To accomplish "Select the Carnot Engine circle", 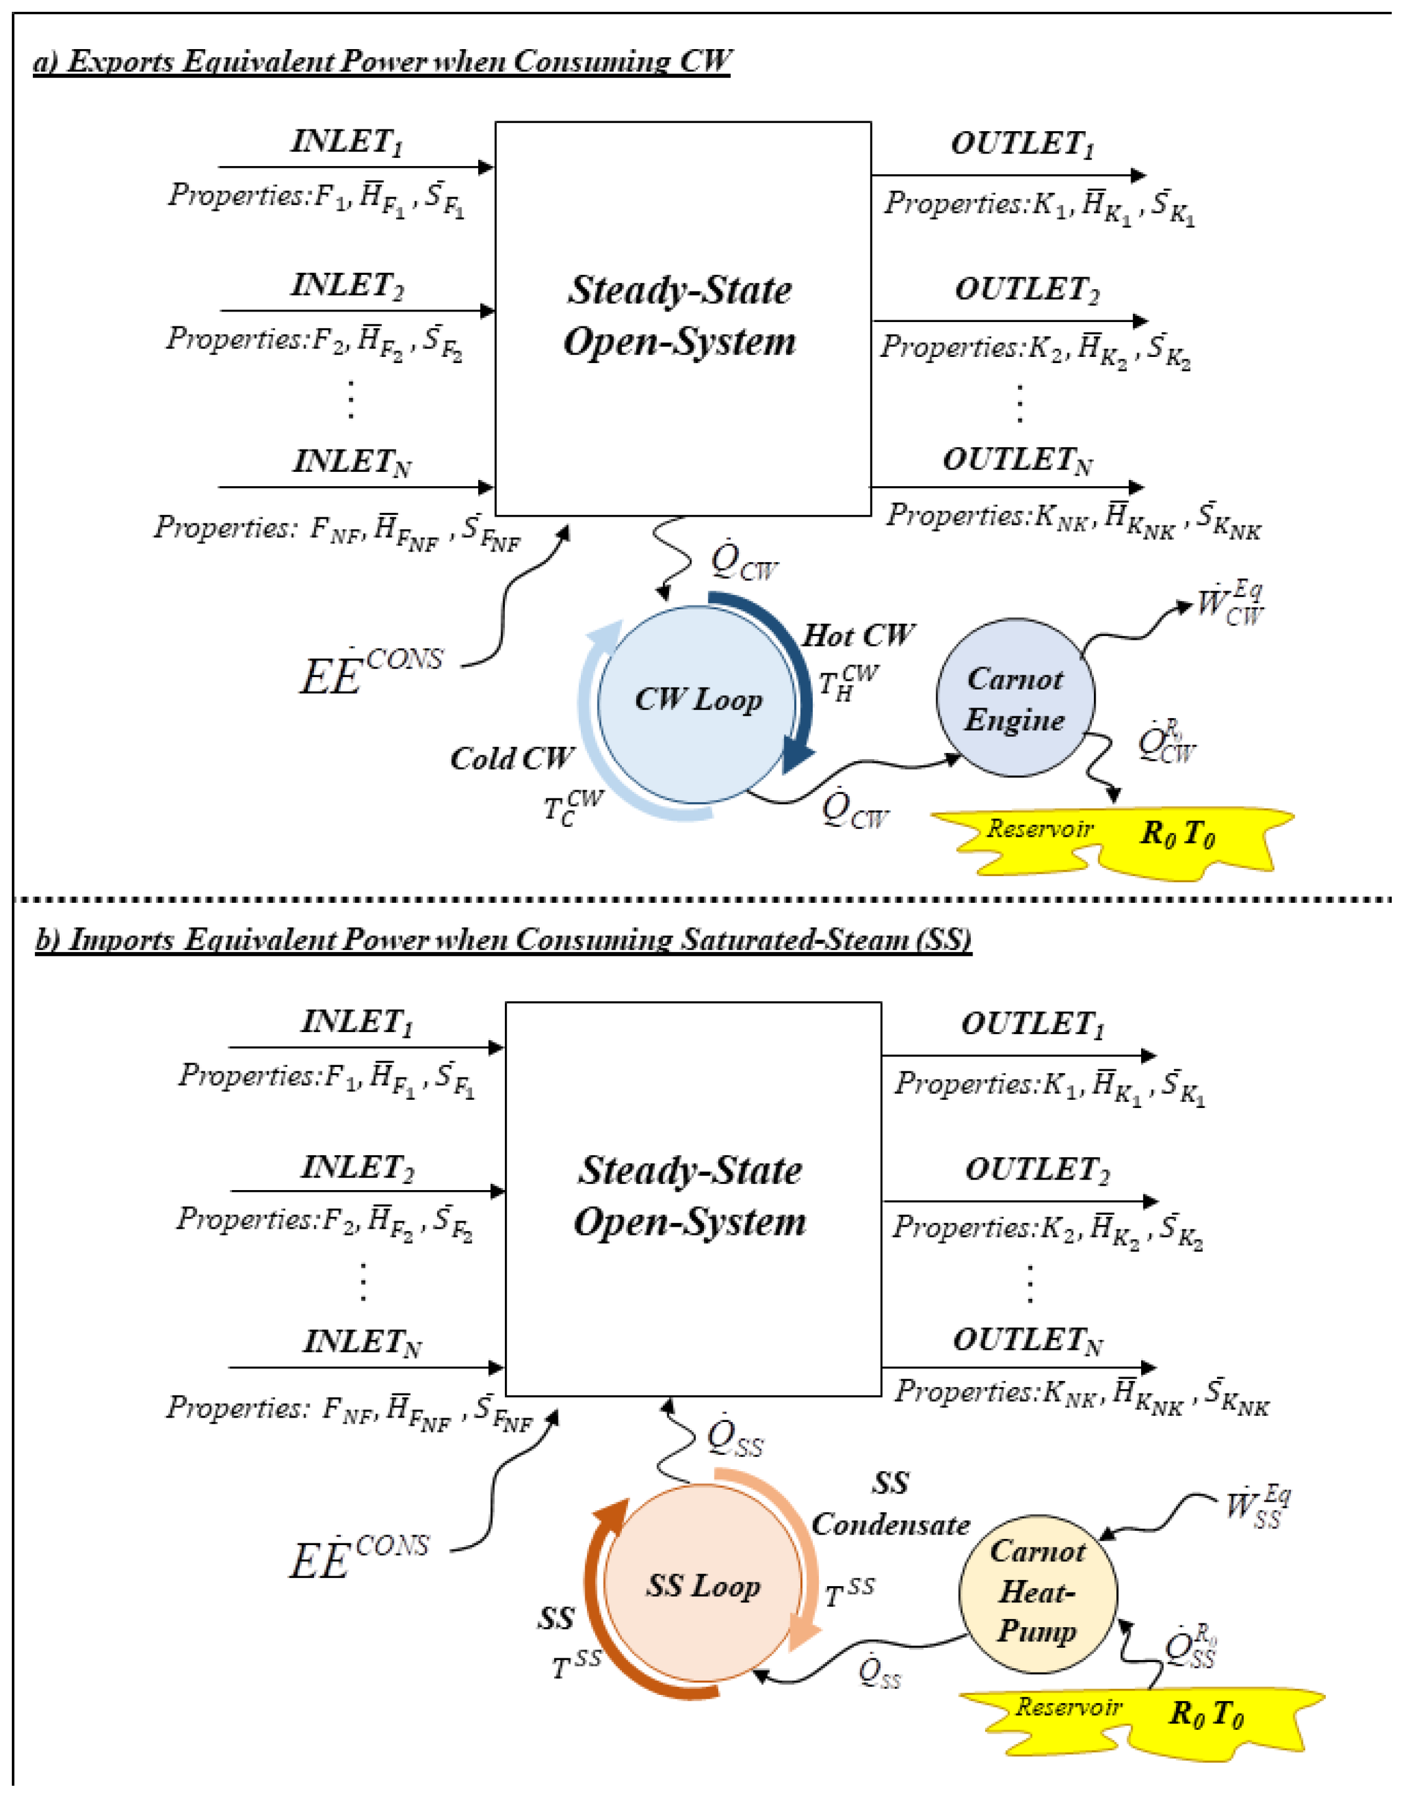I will pyautogui.click(x=1015, y=698).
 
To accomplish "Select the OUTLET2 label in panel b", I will pyautogui.click(x=1037, y=1170).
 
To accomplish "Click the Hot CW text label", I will pyautogui.click(x=858, y=635).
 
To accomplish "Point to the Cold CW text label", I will pyautogui.click(x=512, y=759).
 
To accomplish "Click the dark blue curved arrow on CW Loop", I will pyautogui.click(x=781, y=670).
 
